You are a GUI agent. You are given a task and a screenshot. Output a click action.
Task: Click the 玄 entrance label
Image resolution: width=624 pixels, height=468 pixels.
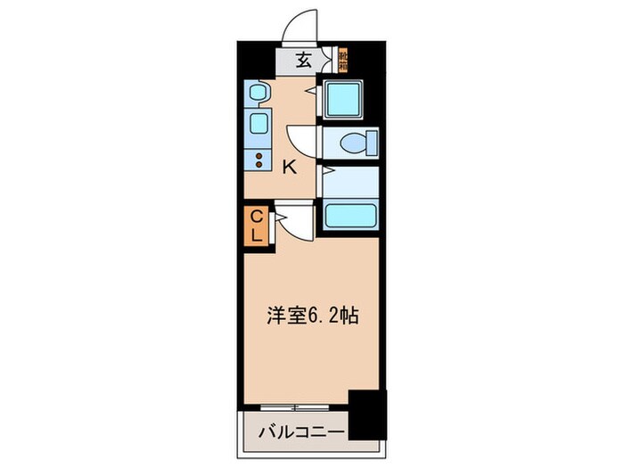[x=304, y=62]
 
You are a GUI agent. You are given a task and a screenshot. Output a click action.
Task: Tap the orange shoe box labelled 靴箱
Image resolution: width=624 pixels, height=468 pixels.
[x=343, y=62]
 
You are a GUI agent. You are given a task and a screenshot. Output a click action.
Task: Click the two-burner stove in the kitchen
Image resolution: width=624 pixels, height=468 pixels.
[x=259, y=160]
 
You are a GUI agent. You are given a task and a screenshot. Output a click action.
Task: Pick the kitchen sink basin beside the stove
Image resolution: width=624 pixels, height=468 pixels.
[x=259, y=123]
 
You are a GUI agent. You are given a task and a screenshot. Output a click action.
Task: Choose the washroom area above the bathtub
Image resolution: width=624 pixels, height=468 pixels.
[x=349, y=182]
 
